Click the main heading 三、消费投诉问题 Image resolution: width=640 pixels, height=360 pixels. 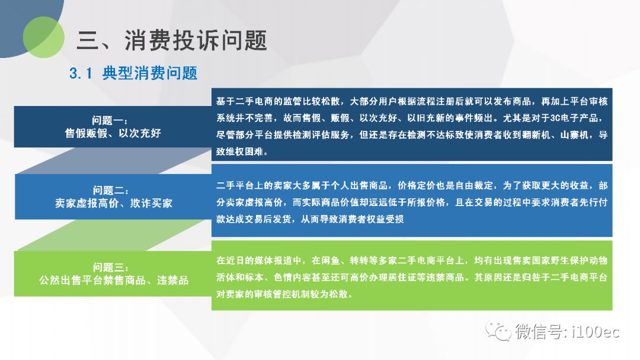172,41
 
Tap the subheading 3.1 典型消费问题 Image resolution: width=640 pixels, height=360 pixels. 133,73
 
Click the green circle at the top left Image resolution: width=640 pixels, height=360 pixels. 43,37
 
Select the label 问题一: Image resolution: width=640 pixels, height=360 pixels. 110,120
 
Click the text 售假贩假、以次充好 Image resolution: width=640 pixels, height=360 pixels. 113,133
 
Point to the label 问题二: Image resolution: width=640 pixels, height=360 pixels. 111,191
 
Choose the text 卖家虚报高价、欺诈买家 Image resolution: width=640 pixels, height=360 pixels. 113,204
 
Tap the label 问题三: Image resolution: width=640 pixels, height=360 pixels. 111,267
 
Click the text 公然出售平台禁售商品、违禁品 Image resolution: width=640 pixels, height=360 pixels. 113,280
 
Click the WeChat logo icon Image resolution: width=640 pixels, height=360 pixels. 498,331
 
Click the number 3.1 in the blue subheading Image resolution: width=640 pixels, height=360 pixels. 81,74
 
